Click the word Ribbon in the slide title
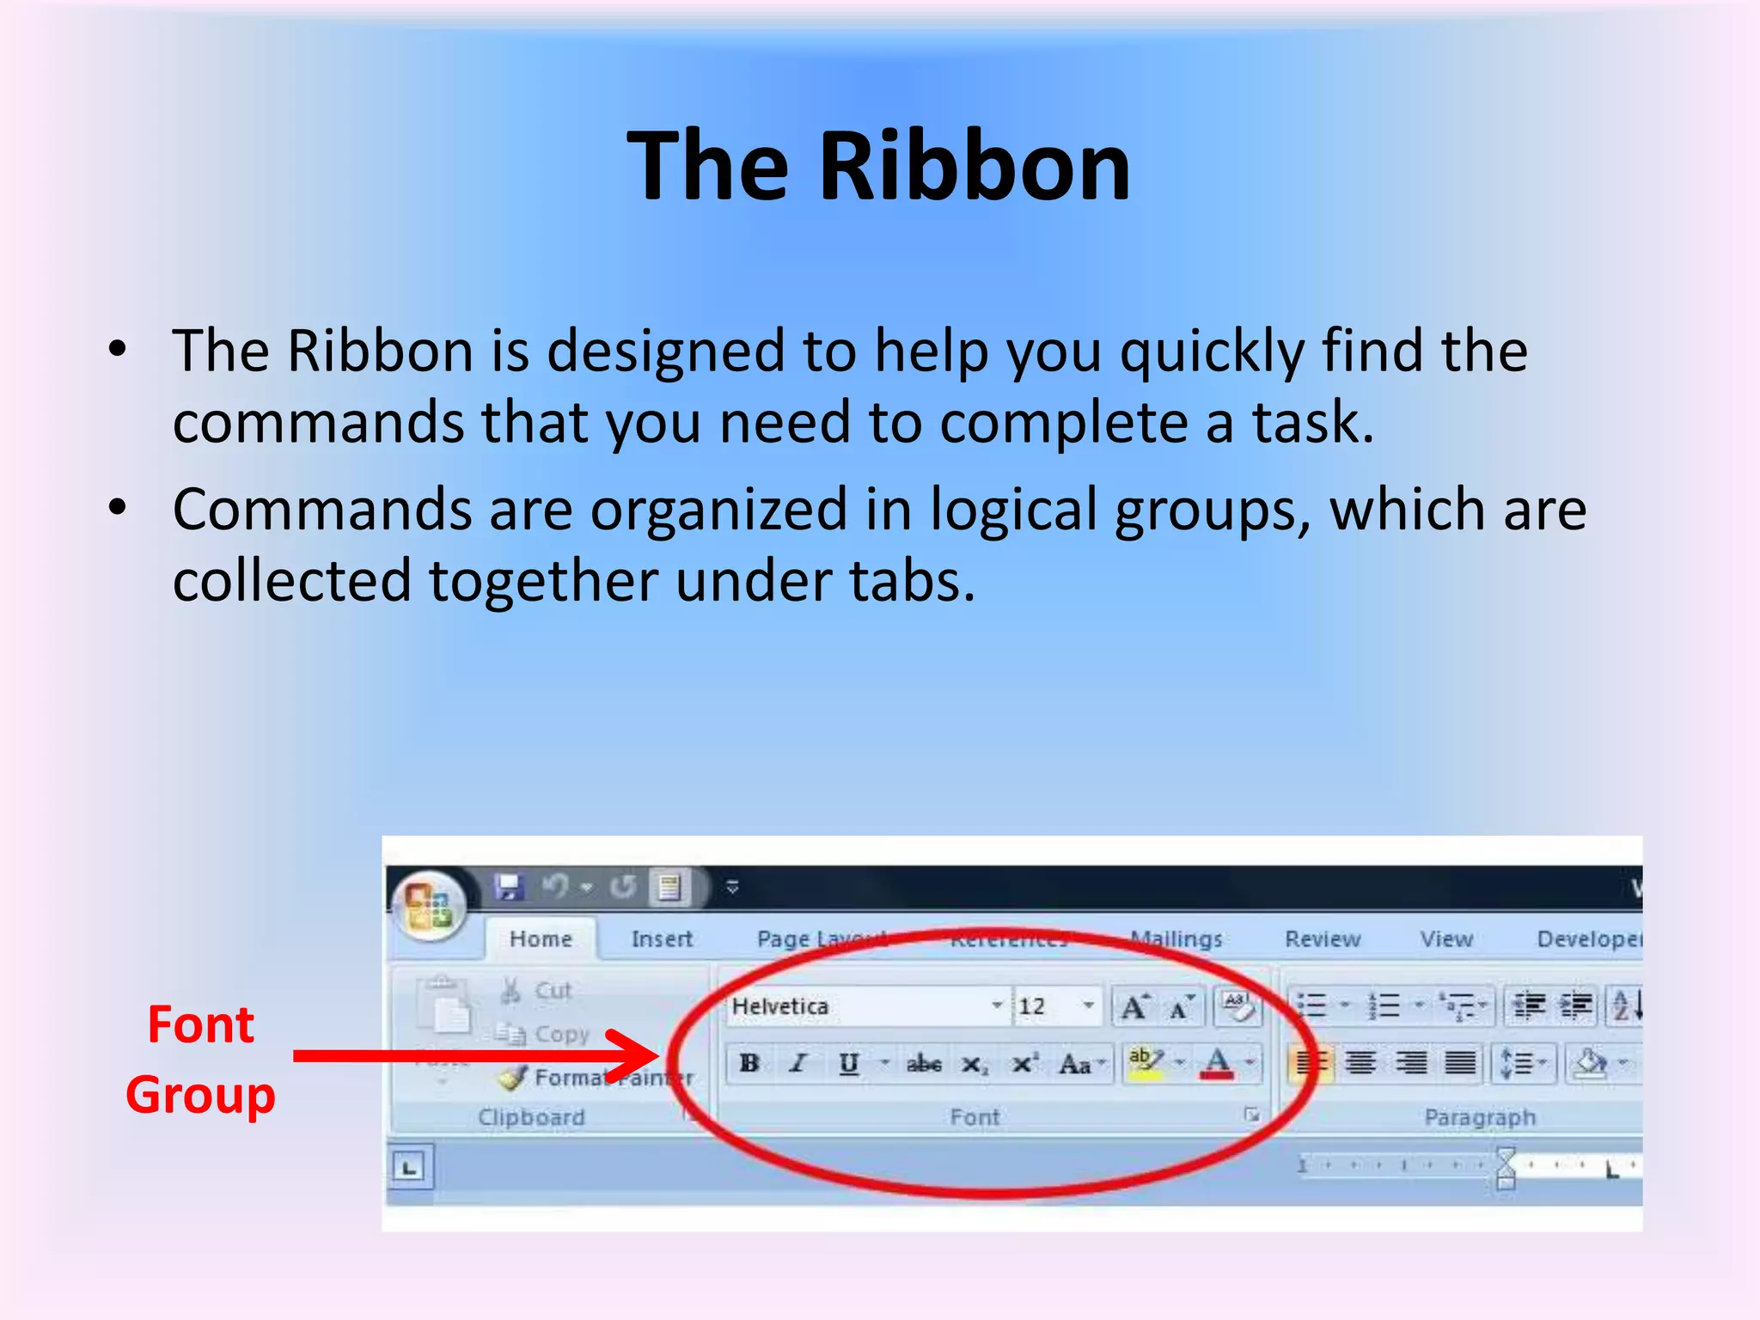click(975, 167)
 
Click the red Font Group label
click(200, 1060)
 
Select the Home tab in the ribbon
click(541, 938)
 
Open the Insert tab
click(662, 938)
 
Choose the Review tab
click(1323, 938)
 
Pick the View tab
click(1446, 938)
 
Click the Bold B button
click(749, 1063)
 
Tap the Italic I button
click(798, 1063)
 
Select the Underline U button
click(849, 1063)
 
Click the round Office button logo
click(430, 905)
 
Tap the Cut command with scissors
click(538, 990)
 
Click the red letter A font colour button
click(1217, 1063)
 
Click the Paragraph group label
click(1479, 1116)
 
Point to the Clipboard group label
click(531, 1116)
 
